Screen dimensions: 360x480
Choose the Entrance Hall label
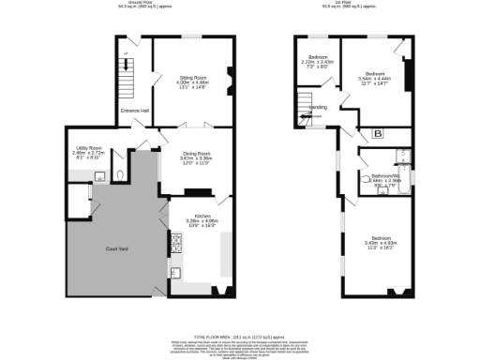point(135,112)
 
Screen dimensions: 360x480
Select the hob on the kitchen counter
point(176,246)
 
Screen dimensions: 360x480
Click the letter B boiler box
point(378,133)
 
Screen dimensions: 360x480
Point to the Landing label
point(319,108)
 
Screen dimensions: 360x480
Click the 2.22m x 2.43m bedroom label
point(319,61)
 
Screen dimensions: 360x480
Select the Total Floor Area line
point(240,335)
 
